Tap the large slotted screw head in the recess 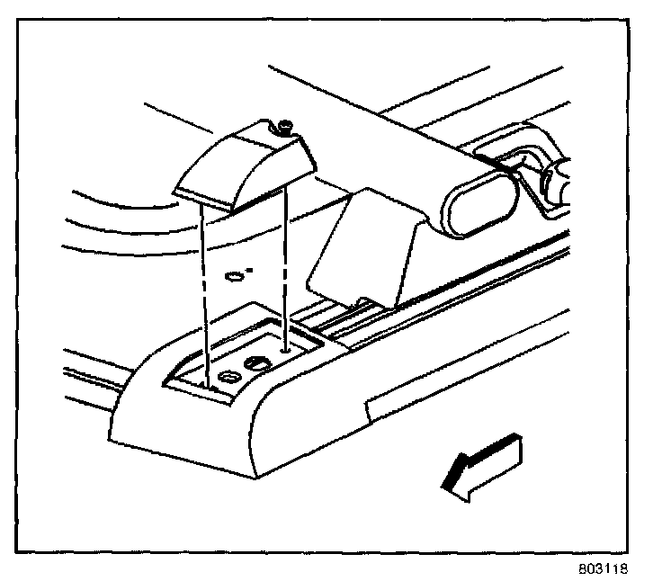tap(255, 364)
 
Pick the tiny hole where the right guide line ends tap(285, 345)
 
